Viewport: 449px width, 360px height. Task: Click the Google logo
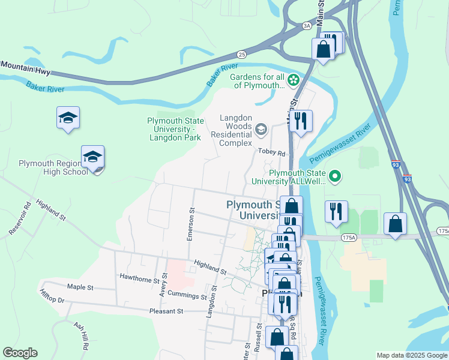click(20, 353)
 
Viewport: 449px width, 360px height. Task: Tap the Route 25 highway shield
click(241, 53)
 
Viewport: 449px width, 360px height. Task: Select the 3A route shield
click(307, 26)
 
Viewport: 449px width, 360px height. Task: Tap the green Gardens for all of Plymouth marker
click(294, 79)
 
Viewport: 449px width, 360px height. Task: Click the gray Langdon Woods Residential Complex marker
click(261, 129)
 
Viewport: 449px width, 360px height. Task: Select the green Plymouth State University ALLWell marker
click(337, 176)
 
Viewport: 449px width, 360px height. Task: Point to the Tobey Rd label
click(272, 152)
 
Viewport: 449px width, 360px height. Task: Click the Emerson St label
click(191, 224)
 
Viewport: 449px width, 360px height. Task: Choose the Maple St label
click(80, 287)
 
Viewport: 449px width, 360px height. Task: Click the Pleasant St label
click(166, 311)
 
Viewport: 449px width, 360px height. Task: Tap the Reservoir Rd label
click(19, 221)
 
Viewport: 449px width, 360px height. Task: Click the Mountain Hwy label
click(25, 68)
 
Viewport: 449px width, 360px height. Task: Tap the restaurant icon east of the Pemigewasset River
click(336, 211)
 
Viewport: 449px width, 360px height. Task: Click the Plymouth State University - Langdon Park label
click(175, 129)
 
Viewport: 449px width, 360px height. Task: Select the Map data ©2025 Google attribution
click(411, 355)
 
